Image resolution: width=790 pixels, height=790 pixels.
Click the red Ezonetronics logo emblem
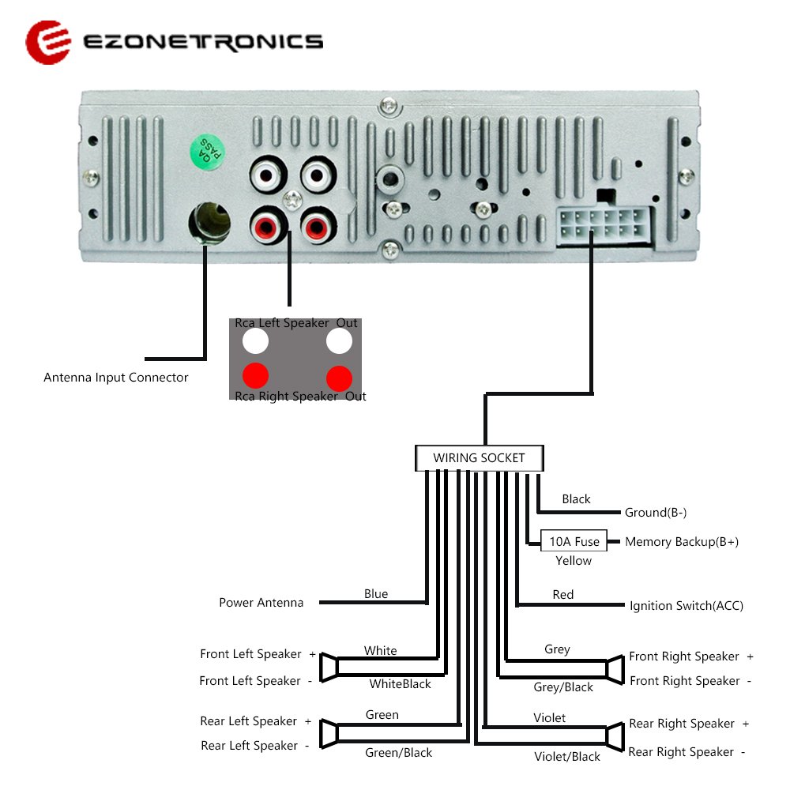[48, 43]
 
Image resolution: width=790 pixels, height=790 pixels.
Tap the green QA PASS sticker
[207, 152]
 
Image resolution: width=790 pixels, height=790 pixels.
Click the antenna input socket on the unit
[209, 223]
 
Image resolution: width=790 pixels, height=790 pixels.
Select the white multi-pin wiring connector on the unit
[604, 226]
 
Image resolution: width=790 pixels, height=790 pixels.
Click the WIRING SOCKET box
[480, 457]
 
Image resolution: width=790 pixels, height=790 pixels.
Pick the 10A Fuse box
[574, 541]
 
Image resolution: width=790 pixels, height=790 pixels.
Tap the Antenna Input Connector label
[116, 378]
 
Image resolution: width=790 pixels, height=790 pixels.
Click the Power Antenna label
[261, 603]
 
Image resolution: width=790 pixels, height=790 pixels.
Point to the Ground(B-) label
[656, 513]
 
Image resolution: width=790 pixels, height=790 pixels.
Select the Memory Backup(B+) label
[682, 542]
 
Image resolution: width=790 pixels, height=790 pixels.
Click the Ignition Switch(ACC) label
[687, 606]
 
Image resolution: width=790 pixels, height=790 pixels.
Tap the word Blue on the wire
[376, 593]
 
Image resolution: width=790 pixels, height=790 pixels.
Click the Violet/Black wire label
[567, 756]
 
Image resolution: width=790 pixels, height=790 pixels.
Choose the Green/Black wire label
[398, 752]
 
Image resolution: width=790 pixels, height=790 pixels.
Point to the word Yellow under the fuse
[574, 561]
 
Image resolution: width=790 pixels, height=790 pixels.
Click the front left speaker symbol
[329, 667]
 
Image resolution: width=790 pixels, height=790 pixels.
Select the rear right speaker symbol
[615, 737]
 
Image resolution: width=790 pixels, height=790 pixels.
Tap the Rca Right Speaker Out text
[300, 397]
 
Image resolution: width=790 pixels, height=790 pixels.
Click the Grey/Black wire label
[563, 687]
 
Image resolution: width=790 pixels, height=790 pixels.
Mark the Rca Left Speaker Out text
[295, 323]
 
